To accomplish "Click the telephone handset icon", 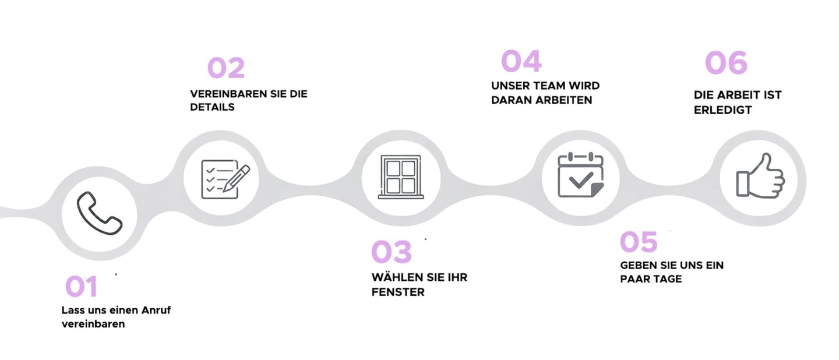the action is [x=100, y=214].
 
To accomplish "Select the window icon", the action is [x=400, y=177].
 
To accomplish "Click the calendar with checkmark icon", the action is [x=580, y=175].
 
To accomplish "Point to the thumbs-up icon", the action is [x=760, y=177].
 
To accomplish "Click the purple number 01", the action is [x=81, y=287].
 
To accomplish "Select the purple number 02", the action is [x=226, y=68].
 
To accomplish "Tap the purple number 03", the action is [x=392, y=252].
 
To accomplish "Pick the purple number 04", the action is [x=521, y=61].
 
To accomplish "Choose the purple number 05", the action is [x=639, y=242].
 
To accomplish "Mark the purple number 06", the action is [x=726, y=63].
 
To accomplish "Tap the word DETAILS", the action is [x=212, y=107].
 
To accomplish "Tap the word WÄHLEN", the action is [x=392, y=277].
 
